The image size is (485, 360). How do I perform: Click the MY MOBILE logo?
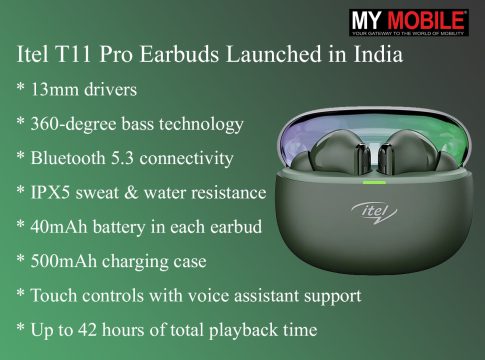point(409,22)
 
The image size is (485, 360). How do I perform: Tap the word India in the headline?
point(378,54)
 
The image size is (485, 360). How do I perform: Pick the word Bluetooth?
point(68,158)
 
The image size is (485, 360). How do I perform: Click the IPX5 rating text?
point(50,192)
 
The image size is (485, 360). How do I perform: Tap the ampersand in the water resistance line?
point(131,193)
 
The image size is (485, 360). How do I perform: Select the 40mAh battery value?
point(59,227)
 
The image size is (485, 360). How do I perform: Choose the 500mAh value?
point(63,261)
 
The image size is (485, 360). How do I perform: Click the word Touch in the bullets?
point(54,295)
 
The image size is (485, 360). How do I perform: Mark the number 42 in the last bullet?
point(88,330)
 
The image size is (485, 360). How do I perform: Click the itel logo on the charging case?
point(374,212)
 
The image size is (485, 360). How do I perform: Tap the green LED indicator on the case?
point(374,182)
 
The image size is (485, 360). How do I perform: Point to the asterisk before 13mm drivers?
point(21,87)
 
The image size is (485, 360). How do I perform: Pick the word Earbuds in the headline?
point(179,54)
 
